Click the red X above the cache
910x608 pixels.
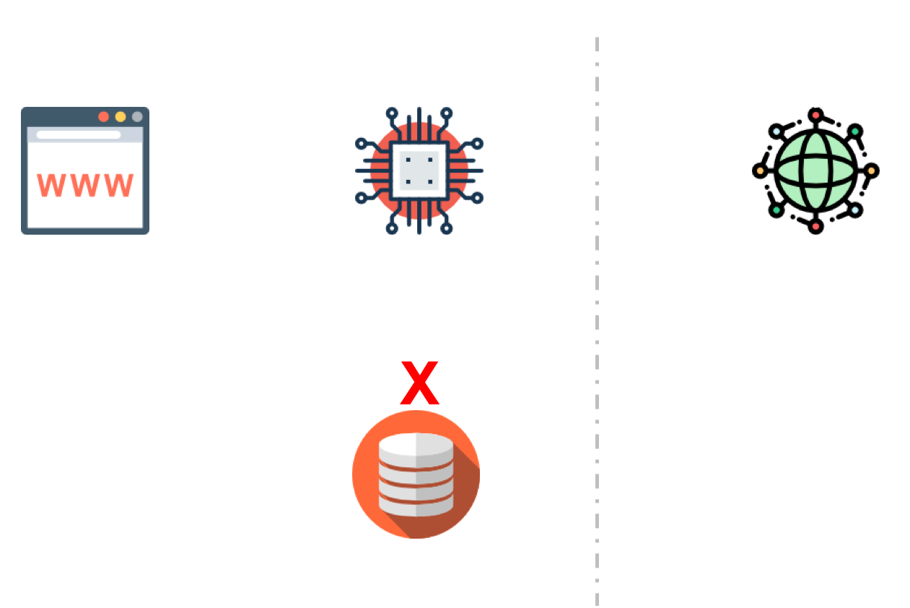(420, 383)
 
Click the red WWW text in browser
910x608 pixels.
(86, 186)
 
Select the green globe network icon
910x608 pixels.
(815, 171)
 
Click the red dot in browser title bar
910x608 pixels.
(104, 117)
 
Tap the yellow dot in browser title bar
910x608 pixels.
(121, 117)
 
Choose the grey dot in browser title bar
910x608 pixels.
(137, 117)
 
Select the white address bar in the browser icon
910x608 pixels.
(79, 135)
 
